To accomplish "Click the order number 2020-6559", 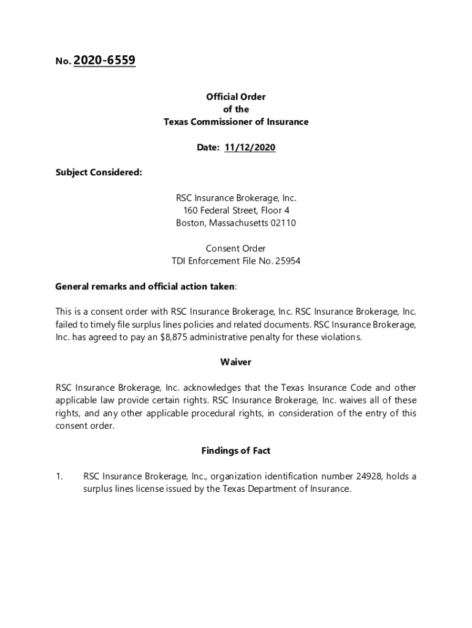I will pyautogui.click(x=104, y=61).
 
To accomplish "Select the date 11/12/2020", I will pyautogui.click(x=250, y=148).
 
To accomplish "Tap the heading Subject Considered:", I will pyautogui.click(x=99, y=173).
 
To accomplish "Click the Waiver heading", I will pyautogui.click(x=236, y=362).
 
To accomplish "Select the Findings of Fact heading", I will pyautogui.click(x=236, y=451).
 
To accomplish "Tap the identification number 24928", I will pyautogui.click(x=362, y=477).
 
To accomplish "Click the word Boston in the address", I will pyautogui.click(x=191, y=223).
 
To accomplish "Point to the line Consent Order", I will pyautogui.click(x=236, y=248).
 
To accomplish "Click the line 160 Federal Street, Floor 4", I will pyautogui.click(x=236, y=210).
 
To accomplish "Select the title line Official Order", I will pyautogui.click(x=236, y=97).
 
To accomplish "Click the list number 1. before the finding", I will pyautogui.click(x=59, y=477).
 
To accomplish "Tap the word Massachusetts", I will pyautogui.click(x=238, y=223).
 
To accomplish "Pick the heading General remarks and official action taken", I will pyautogui.click(x=145, y=286).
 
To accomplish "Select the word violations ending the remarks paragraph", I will pyautogui.click(x=338, y=337).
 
